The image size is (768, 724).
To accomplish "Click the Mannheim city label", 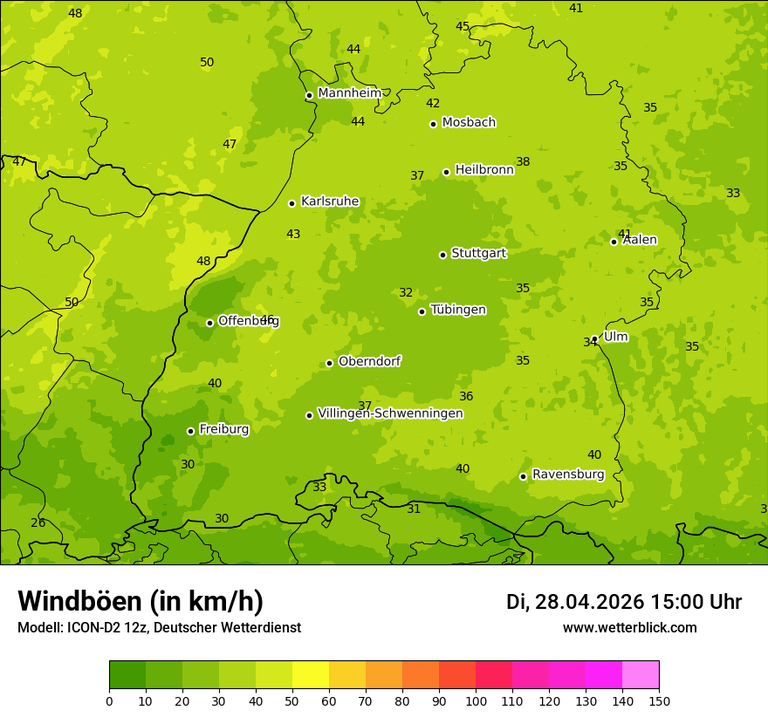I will point(350,93).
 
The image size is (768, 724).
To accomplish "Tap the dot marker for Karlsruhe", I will point(291,203).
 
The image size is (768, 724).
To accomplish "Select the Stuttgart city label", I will point(478,254).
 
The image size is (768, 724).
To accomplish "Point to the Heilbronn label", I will point(484,170).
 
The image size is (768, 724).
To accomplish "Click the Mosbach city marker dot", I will point(433,124).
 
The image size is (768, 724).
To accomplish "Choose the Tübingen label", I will point(458,310).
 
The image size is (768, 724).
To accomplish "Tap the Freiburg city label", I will point(223,429).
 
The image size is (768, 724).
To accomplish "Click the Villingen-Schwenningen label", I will point(390,413).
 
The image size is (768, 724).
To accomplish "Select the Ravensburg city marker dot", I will point(523,476).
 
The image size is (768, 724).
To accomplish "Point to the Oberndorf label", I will point(369,361).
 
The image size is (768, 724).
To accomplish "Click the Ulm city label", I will point(615,337).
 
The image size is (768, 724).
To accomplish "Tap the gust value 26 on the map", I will point(38,523).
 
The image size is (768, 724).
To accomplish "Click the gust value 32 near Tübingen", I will point(406,293).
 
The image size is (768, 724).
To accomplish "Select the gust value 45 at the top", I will point(463,26).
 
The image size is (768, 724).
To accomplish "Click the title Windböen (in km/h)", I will point(141,601).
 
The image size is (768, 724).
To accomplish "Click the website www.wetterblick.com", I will point(629,628).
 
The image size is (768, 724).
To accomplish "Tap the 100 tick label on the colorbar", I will point(476,700).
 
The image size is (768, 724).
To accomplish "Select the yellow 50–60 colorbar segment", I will point(311,675).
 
